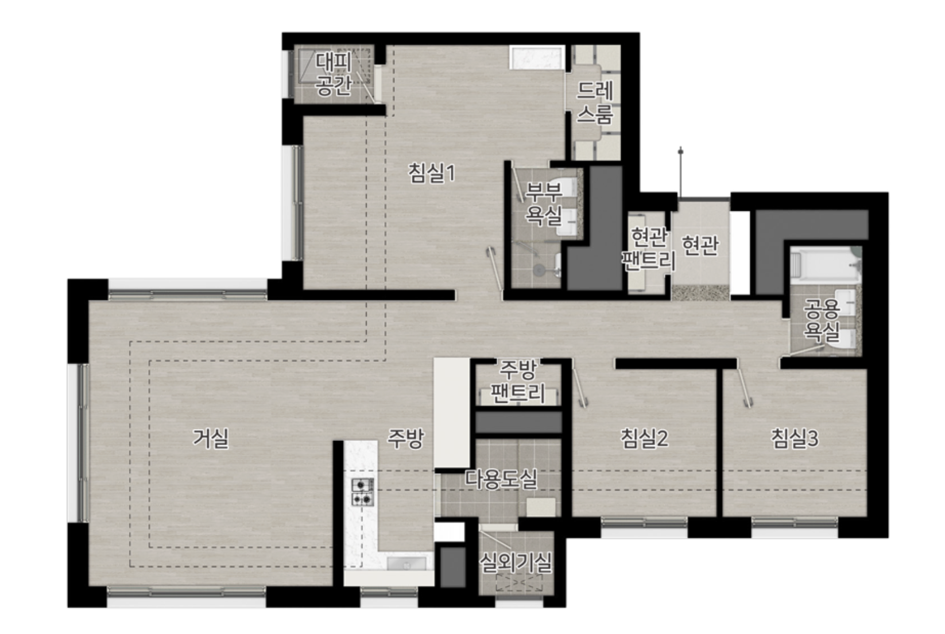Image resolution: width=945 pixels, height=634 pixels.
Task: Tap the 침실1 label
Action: [432, 173]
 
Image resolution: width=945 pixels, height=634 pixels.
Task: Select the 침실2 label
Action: [644, 438]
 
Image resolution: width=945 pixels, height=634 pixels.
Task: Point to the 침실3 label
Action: [795, 438]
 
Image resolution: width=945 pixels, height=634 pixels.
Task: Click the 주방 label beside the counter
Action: [405, 438]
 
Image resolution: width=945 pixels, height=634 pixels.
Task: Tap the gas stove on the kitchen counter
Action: [363, 492]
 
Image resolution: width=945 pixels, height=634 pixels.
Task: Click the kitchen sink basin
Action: [406, 563]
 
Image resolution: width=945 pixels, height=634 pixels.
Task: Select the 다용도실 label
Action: [501, 479]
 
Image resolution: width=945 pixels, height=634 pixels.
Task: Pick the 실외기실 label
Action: [516, 562]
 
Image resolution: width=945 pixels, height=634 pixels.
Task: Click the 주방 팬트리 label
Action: [518, 381]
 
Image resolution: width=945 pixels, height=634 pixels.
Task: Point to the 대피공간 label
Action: [334, 74]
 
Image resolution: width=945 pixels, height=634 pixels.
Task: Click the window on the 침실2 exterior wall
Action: [644, 523]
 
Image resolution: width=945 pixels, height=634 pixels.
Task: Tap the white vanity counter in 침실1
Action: [537, 57]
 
